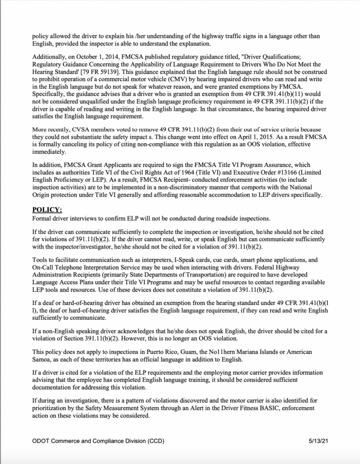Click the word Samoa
coord(42,359)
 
